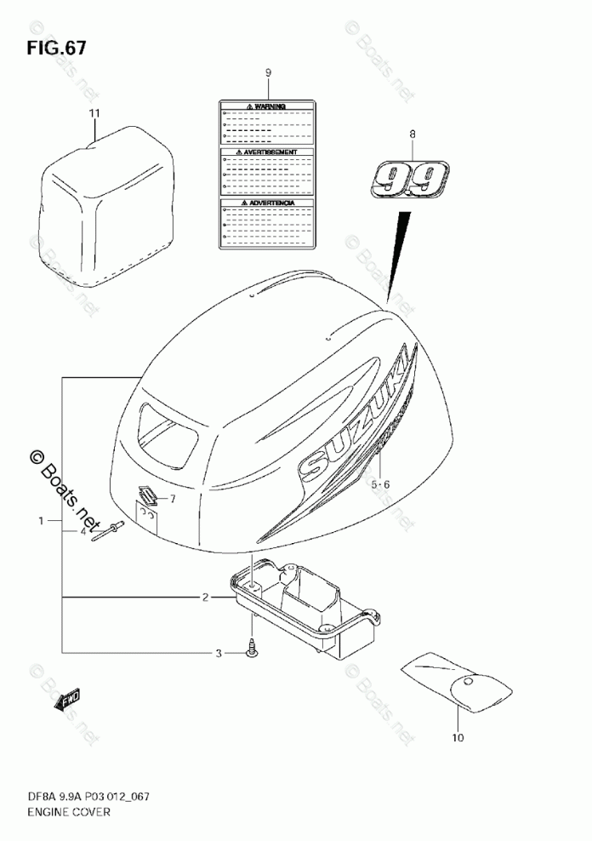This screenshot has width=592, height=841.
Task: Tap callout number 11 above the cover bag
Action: point(94,113)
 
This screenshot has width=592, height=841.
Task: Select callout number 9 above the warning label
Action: point(267,73)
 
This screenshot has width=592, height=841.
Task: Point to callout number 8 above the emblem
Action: point(413,134)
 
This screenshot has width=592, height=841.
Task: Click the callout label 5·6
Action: point(379,484)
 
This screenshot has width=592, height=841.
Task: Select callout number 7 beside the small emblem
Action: point(172,498)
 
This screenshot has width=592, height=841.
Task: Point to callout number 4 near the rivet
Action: point(83,530)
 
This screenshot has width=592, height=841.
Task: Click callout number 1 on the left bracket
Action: point(39,519)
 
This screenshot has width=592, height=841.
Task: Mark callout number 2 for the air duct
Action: point(205,598)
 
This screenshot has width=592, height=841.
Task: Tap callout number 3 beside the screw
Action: point(218,653)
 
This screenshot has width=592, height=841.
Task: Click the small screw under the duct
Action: point(251,649)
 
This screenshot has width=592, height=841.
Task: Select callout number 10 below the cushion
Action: point(458,738)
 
